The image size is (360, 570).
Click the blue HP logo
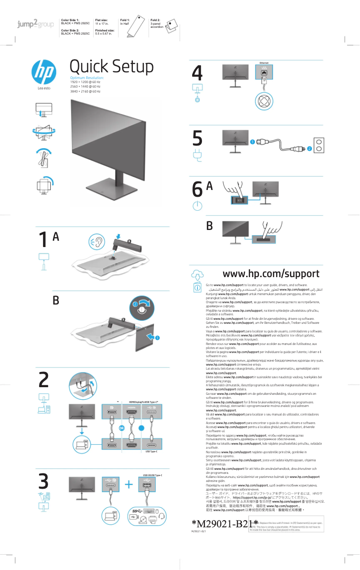pyautogui.click(x=44, y=72)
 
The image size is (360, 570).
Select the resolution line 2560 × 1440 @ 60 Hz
pyautogui.click(x=85, y=87)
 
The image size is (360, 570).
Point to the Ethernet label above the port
pyautogui.click(x=264, y=62)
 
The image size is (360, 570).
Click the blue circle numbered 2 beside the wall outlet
pyautogui.click(x=309, y=149)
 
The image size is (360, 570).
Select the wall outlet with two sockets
pyautogui.click(x=319, y=145)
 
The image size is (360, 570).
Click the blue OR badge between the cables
pyautogui.click(x=122, y=428)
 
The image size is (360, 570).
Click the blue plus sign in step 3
pyautogui.click(x=129, y=484)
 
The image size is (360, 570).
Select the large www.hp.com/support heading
pyautogui.click(x=271, y=274)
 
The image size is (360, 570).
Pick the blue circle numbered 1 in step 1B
pyautogui.click(x=158, y=337)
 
